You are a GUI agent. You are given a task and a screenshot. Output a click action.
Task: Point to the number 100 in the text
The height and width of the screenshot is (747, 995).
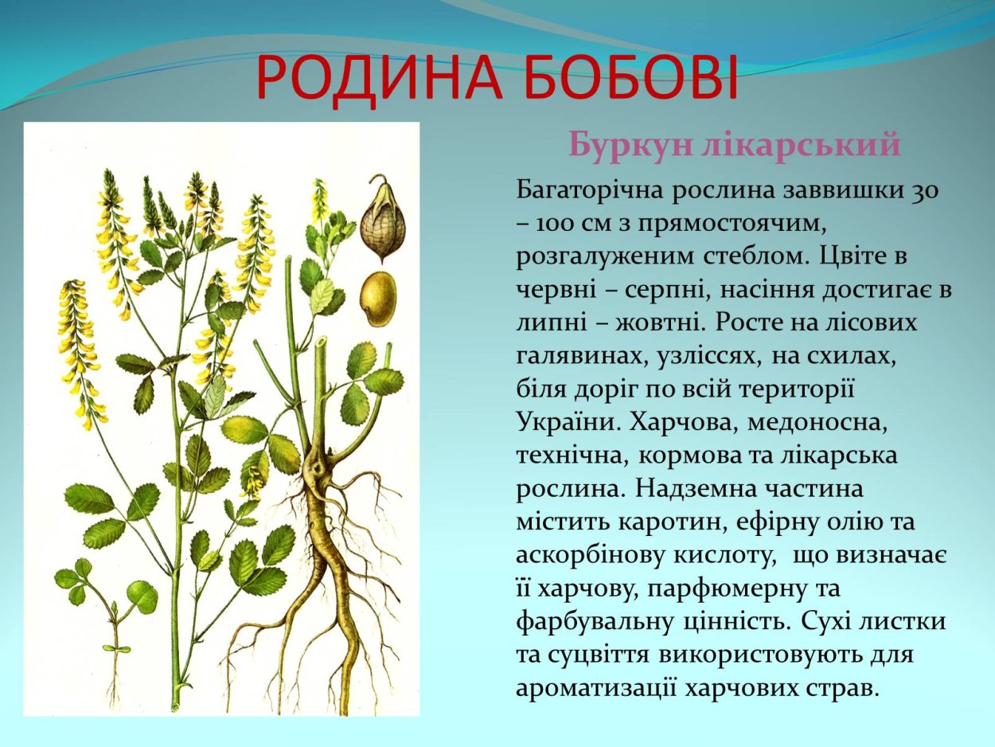coord(556,224)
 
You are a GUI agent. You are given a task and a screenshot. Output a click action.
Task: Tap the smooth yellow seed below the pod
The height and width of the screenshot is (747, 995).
coord(377,299)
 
